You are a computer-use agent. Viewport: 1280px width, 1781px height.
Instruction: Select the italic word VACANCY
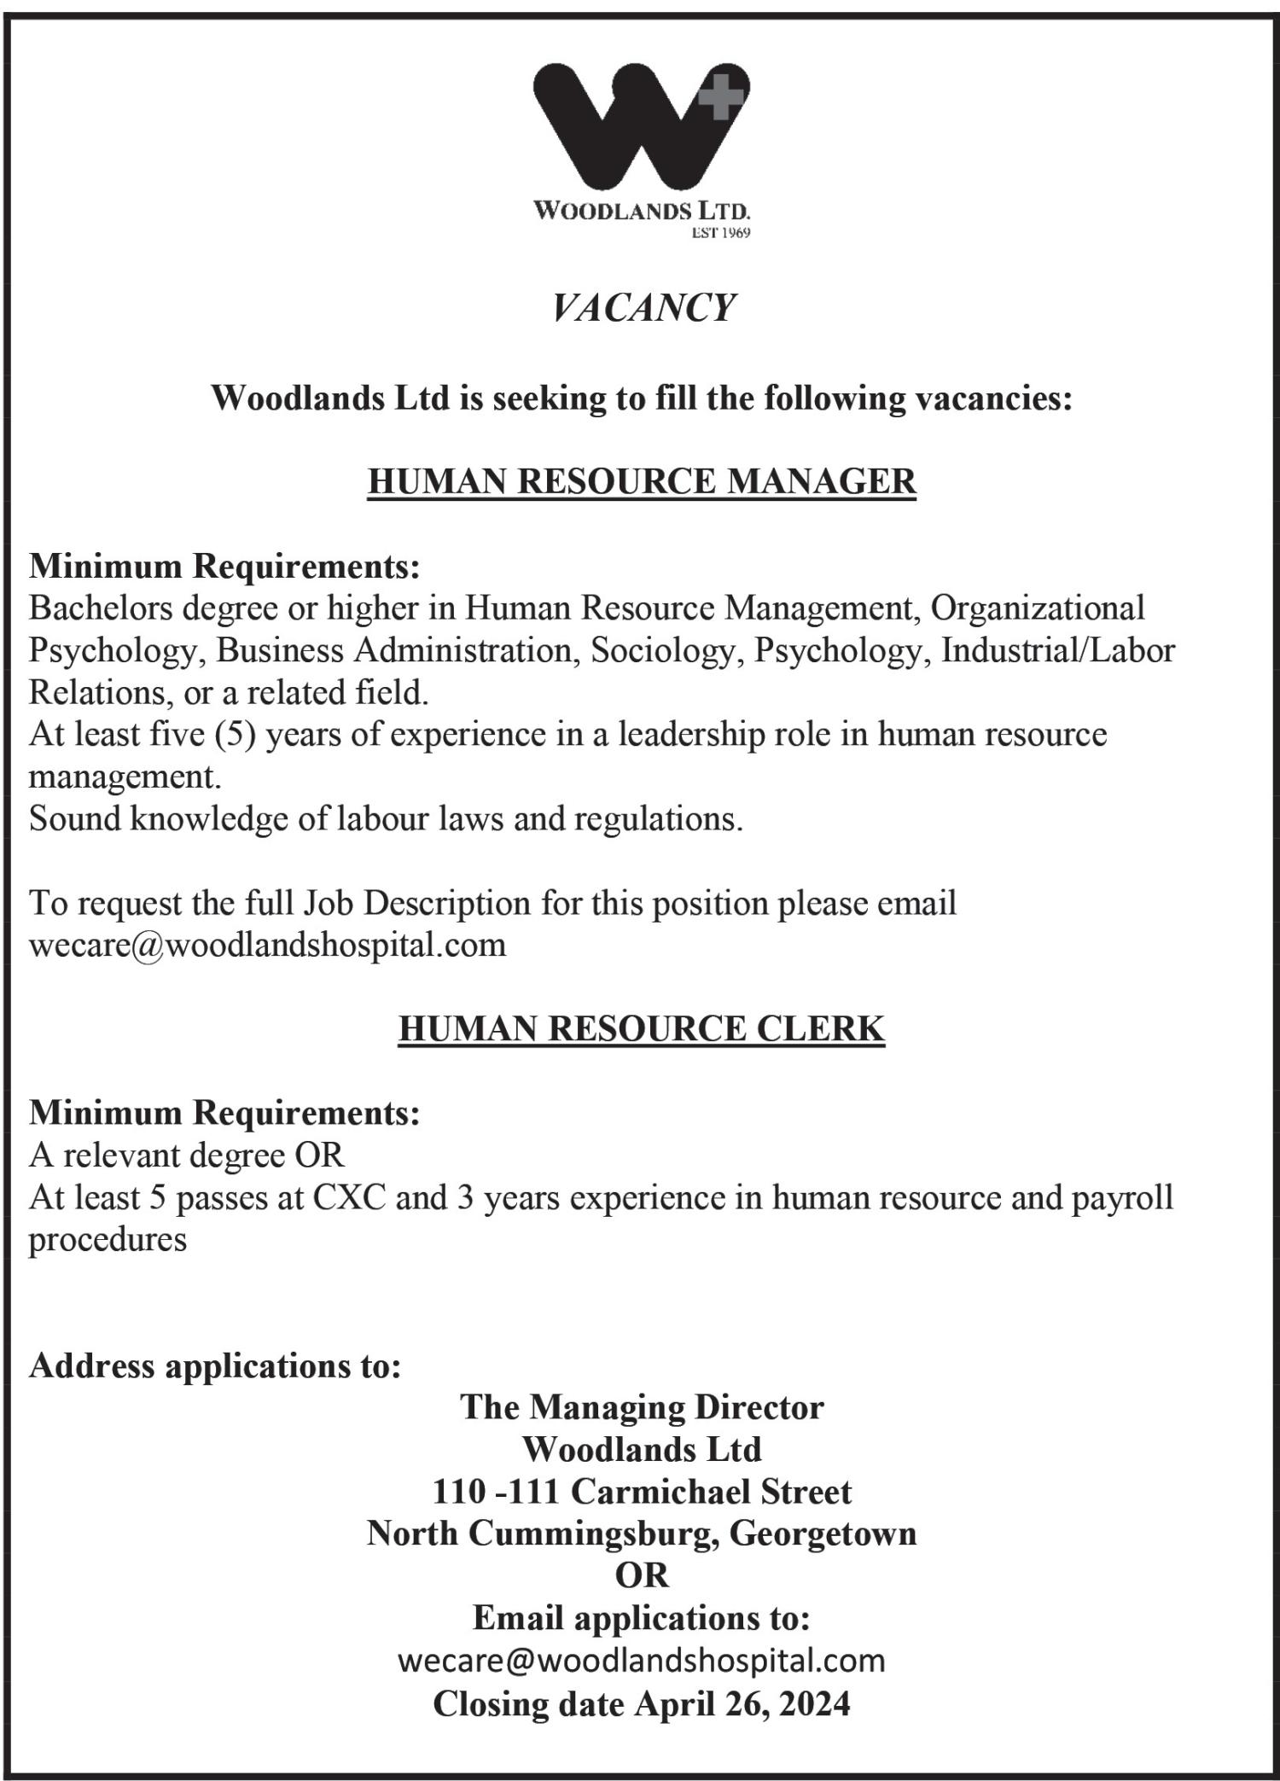pyautogui.click(x=643, y=308)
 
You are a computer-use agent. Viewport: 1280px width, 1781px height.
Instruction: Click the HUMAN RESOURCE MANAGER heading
pyautogui.click(x=642, y=481)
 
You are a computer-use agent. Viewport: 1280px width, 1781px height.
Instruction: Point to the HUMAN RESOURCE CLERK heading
pyautogui.click(x=642, y=1028)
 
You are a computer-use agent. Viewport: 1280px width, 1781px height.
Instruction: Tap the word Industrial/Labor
pyautogui.click(x=1057, y=650)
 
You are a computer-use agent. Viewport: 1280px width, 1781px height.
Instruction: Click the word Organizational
pyautogui.click(x=1038, y=608)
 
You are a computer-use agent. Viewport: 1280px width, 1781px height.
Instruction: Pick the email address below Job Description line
pyautogui.click(x=267, y=946)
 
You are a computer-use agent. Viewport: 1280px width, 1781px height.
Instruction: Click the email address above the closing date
pyautogui.click(x=642, y=1661)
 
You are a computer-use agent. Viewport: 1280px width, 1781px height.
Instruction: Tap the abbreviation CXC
pyautogui.click(x=349, y=1197)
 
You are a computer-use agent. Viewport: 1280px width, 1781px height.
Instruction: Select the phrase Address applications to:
pyautogui.click(x=215, y=1366)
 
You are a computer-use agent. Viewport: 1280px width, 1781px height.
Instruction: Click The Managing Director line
pyautogui.click(x=642, y=1408)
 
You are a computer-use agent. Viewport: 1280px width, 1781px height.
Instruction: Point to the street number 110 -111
pyautogui.click(x=495, y=1493)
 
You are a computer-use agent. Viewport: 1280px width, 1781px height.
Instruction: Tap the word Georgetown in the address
pyautogui.click(x=823, y=1534)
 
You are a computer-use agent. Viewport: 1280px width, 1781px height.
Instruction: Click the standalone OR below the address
pyautogui.click(x=642, y=1576)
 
